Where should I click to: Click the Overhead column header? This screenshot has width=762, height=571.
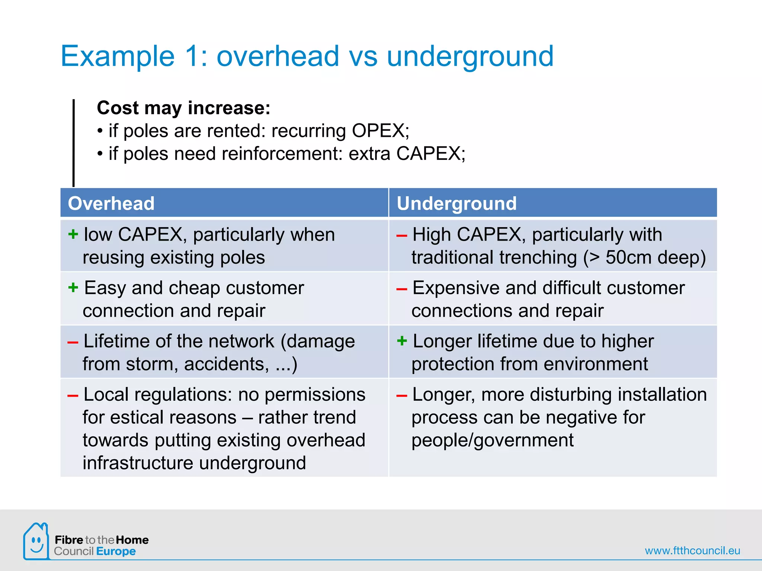click(111, 204)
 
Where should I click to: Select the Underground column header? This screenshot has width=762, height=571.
click(457, 204)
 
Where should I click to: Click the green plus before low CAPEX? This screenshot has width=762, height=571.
click(73, 234)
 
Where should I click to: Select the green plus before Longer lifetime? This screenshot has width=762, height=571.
click(402, 341)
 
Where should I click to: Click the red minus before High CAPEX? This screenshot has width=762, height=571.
click(402, 236)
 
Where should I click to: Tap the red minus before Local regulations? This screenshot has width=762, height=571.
click(73, 396)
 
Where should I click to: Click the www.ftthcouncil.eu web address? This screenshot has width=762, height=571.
click(692, 551)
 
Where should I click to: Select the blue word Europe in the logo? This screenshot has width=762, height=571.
click(116, 551)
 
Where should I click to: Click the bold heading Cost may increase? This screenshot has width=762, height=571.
click(183, 108)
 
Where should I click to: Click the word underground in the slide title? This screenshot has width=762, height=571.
click(470, 56)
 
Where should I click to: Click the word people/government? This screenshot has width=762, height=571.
click(492, 441)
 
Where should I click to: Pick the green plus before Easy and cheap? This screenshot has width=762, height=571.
click(73, 287)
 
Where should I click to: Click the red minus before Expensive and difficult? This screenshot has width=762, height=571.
click(402, 289)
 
